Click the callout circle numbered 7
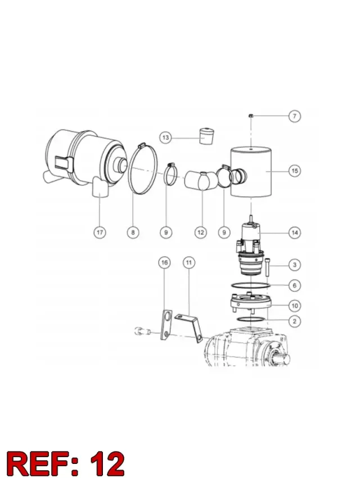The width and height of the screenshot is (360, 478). pyautogui.click(x=294, y=116)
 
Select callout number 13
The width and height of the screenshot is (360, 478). pyautogui.click(x=165, y=137)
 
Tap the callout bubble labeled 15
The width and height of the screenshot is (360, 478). pyautogui.click(x=295, y=171)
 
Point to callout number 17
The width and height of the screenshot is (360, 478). pyautogui.click(x=100, y=233)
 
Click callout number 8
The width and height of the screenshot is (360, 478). pyautogui.click(x=133, y=233)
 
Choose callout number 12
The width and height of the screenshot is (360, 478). pyautogui.click(x=200, y=233)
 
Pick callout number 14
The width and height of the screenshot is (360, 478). pyautogui.click(x=295, y=233)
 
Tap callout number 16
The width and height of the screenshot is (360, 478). pyautogui.click(x=164, y=262)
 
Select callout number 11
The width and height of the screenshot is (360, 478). pyautogui.click(x=189, y=262)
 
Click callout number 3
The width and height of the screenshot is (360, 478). pyautogui.click(x=295, y=265)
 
